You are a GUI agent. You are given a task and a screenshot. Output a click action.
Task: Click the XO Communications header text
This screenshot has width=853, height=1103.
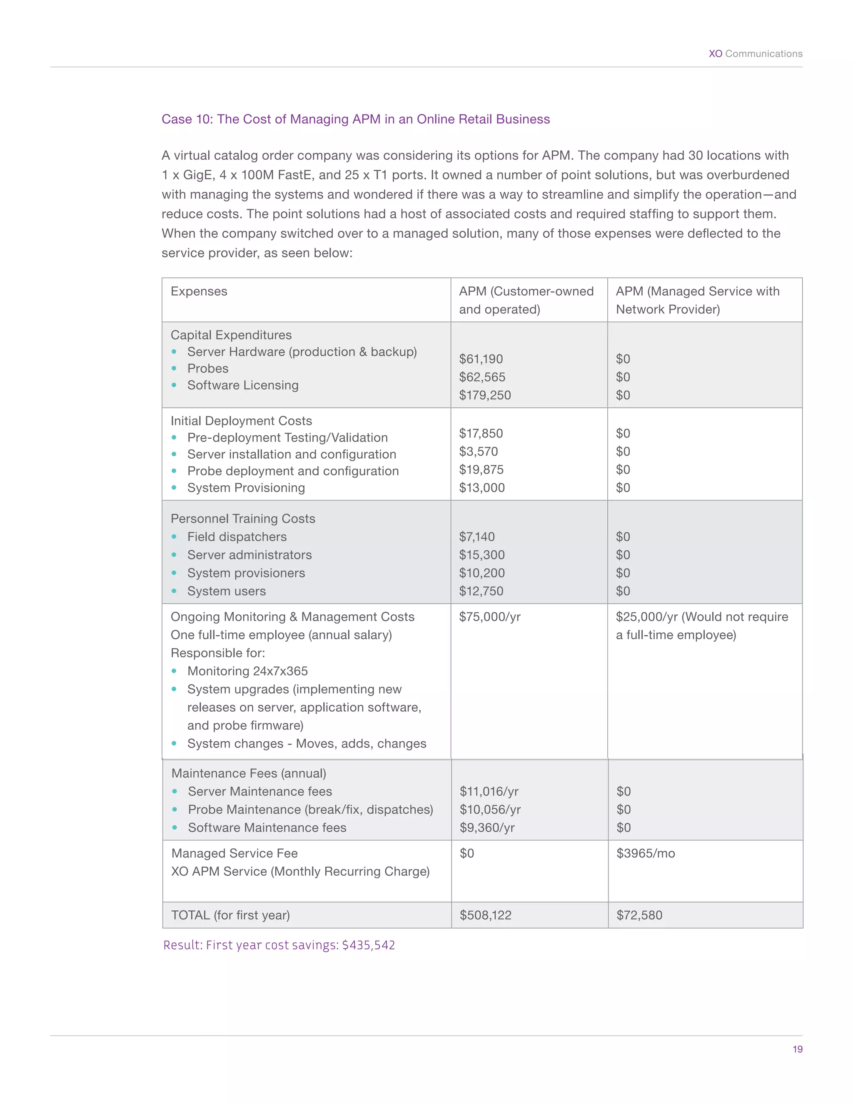[x=755, y=54]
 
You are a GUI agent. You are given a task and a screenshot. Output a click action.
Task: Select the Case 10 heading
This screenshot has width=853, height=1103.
[x=355, y=119]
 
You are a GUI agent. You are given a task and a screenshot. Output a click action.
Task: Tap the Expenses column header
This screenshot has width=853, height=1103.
[x=199, y=291]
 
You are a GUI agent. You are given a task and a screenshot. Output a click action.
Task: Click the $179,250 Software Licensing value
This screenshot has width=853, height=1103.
[x=485, y=395]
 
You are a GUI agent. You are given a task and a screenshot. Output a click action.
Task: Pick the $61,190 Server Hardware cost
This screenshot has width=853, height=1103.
[x=481, y=359]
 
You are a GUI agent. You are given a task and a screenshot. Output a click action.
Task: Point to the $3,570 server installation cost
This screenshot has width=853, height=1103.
[x=478, y=452]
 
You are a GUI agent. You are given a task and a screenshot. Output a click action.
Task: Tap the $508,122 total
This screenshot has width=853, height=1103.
[x=485, y=915]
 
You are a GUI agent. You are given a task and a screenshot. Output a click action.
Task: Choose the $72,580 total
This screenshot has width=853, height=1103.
[x=639, y=915]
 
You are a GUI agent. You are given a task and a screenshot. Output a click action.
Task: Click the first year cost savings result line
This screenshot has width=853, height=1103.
[x=279, y=945]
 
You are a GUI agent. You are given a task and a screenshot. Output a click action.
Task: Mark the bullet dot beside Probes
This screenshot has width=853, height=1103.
[x=174, y=369]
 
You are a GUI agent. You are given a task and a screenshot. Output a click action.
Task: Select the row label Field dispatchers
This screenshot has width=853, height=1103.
[x=237, y=537]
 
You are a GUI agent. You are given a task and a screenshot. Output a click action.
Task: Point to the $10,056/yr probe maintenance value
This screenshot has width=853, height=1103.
[x=490, y=810]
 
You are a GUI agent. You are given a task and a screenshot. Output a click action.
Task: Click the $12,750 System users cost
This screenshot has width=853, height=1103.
[x=481, y=591]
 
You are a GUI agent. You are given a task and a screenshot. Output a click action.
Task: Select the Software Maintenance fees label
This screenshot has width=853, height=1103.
[x=267, y=828]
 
